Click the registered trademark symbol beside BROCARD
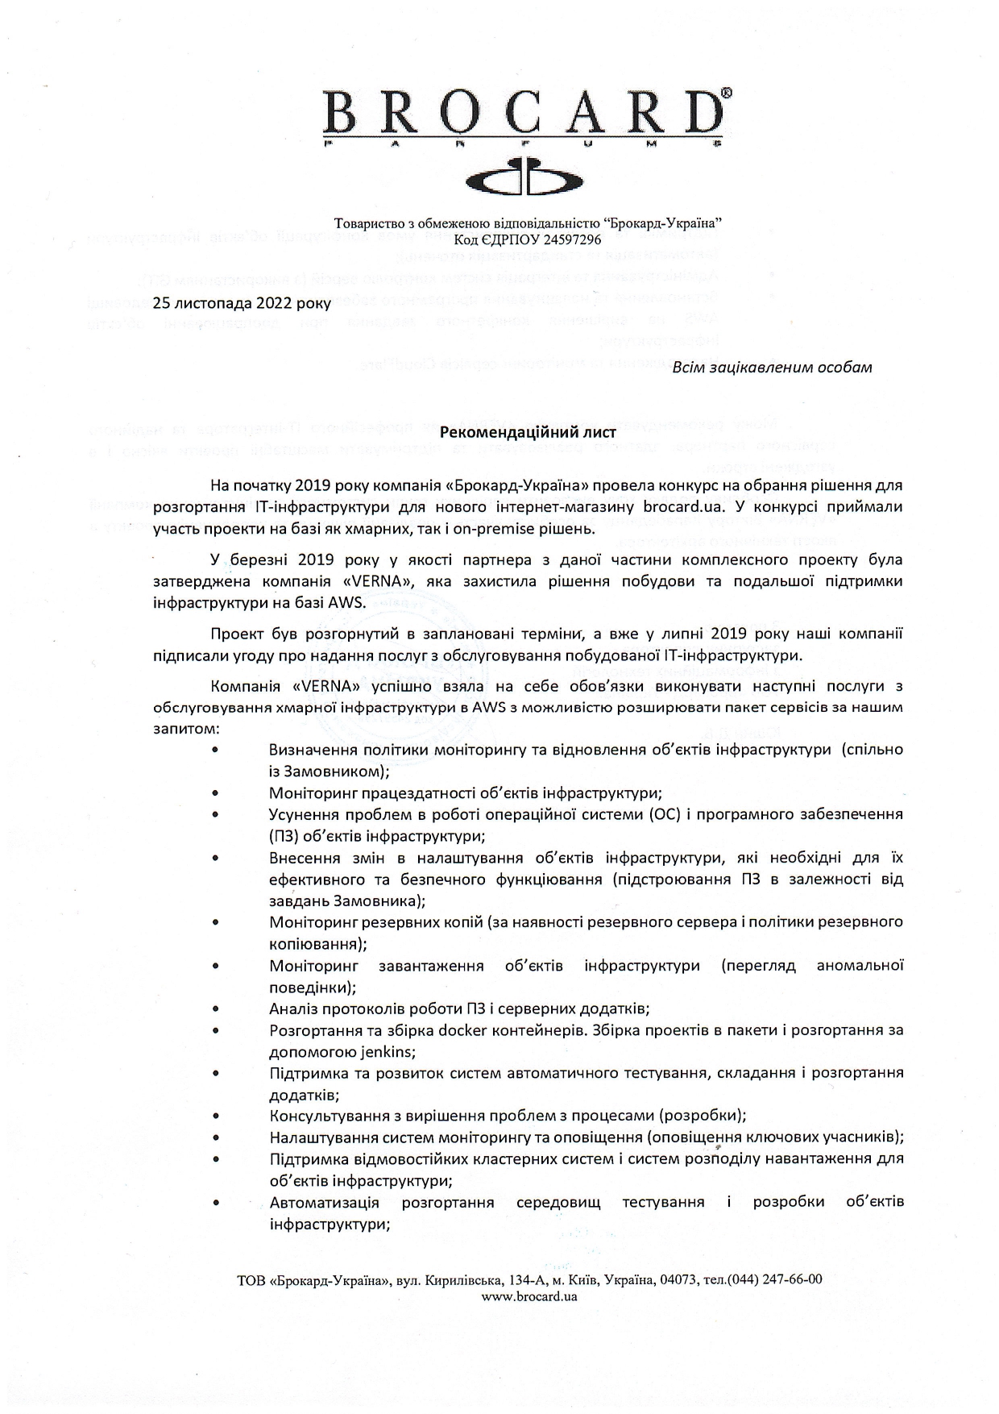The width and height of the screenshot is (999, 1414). [x=727, y=94]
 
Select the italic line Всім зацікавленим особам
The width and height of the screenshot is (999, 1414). [x=772, y=368]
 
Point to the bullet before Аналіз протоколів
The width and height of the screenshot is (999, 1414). [x=217, y=1009]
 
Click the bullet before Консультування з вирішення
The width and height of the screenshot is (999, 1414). [x=217, y=1116]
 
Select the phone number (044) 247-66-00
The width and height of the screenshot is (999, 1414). [x=775, y=1279]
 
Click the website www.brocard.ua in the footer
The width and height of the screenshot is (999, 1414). [x=529, y=1296]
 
